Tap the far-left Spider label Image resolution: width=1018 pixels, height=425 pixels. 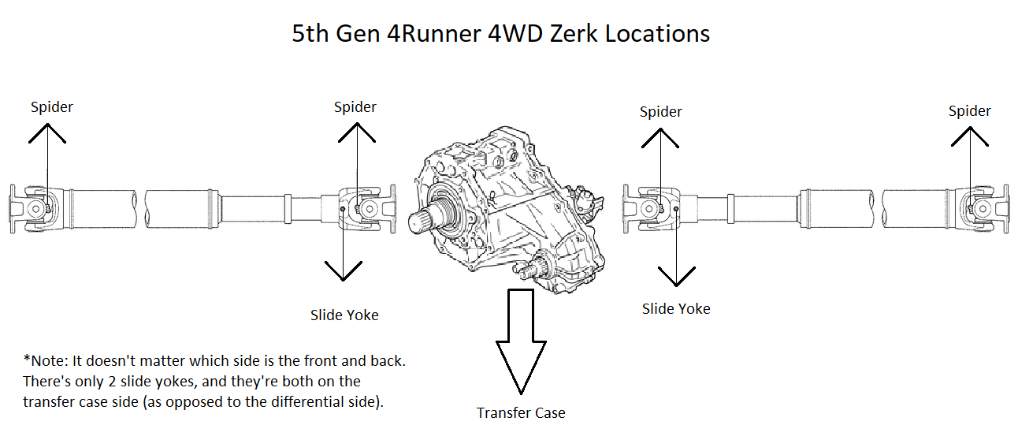pyautogui.click(x=52, y=107)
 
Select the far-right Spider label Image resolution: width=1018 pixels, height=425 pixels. pyautogui.click(x=969, y=111)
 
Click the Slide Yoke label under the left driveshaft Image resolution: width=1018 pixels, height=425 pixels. pyautogui.click(x=344, y=315)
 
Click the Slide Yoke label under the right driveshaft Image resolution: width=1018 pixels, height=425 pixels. pyautogui.click(x=676, y=308)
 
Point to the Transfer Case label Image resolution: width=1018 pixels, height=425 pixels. pyautogui.click(x=521, y=412)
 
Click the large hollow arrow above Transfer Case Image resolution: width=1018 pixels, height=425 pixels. pyautogui.click(x=521, y=341)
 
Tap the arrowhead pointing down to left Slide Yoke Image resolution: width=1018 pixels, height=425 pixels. pyautogui.click(x=343, y=271)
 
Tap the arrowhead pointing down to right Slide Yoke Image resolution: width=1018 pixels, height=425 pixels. pyautogui.click(x=677, y=277)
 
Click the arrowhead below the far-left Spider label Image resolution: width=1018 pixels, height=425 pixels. pyautogui.click(x=47, y=133)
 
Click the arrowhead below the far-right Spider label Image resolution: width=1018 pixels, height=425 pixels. pyautogui.click(x=970, y=136)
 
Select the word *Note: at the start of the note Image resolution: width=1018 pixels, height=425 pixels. pyautogui.click(x=45, y=361)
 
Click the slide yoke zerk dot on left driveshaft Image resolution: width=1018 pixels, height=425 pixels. pyautogui.click(x=343, y=209)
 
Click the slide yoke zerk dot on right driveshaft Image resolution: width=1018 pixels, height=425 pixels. pyautogui.click(x=676, y=209)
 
